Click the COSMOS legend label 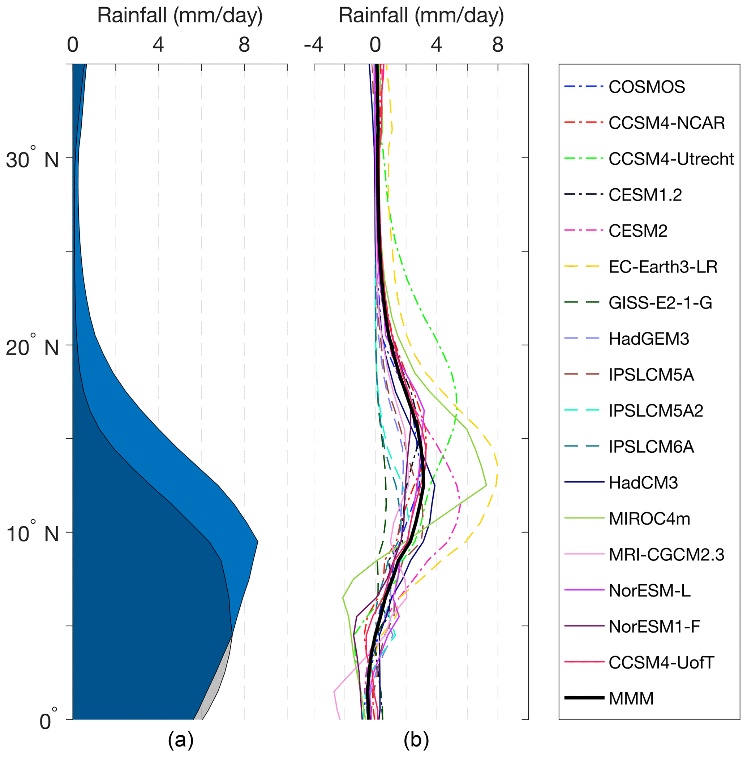pos(646,87)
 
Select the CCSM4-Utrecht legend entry pos(671,159)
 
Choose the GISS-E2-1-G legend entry pos(660,303)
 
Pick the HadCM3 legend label pos(643,483)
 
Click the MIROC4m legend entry pos(649,519)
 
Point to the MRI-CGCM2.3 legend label pos(666,555)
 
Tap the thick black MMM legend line pos(584,698)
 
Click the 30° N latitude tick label pos(32,159)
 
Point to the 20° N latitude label pos(32,347)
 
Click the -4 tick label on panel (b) pos(314,46)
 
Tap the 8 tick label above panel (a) pos(244,46)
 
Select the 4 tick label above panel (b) pos(436,46)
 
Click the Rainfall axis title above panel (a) pos(180,16)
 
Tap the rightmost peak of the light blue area pos(257,542)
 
